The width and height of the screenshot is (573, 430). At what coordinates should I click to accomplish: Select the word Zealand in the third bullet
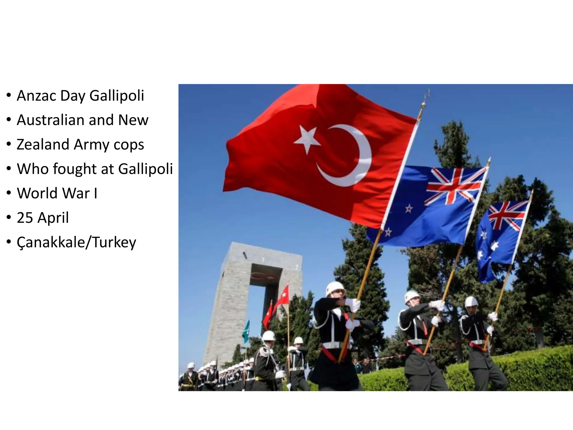[42, 144]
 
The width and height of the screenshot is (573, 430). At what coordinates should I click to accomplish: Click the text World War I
[57, 193]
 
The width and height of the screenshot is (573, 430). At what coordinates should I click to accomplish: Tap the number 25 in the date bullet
[25, 218]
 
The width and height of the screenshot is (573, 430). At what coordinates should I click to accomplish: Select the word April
[53, 218]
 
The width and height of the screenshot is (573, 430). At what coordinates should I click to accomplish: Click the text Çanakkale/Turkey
[76, 242]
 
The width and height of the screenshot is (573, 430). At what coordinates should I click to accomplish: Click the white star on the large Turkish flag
[307, 139]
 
